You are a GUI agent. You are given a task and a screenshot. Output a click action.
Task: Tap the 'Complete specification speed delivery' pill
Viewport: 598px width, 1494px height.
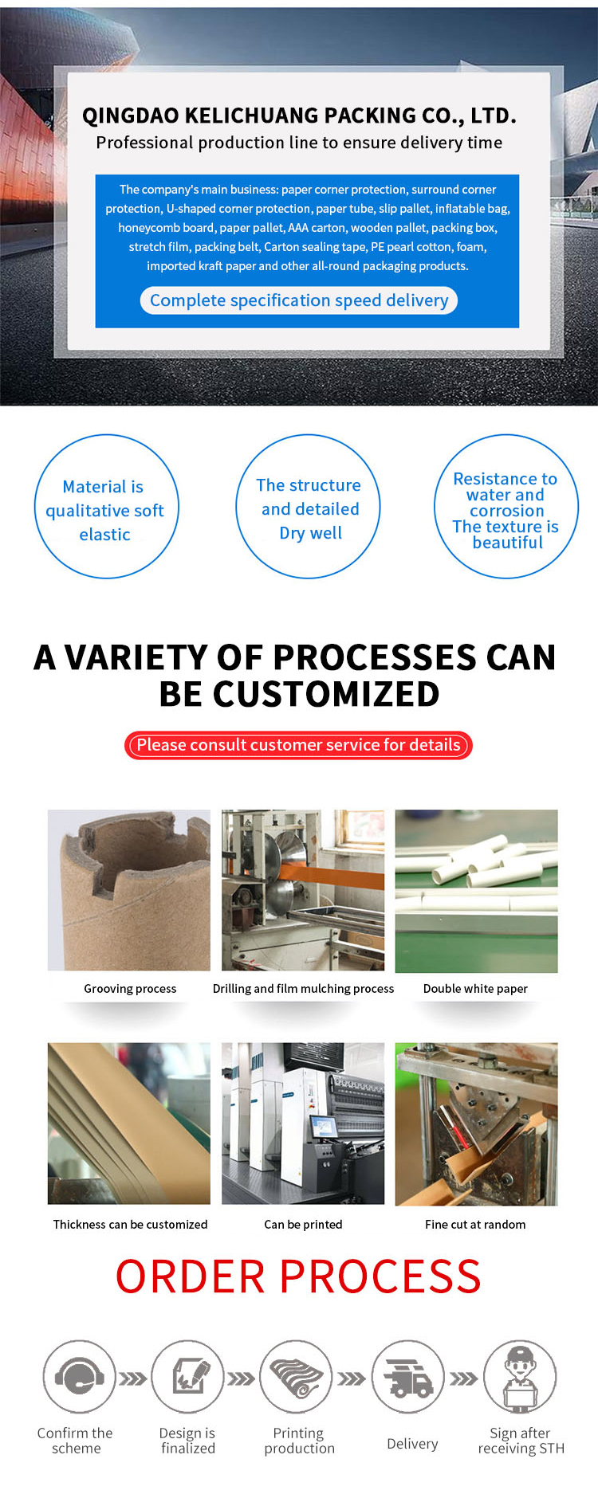point(299,300)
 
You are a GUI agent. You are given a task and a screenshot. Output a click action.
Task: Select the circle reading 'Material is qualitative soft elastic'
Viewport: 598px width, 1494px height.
point(106,507)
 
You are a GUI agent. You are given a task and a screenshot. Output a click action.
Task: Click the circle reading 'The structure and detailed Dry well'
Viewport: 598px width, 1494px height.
point(308,507)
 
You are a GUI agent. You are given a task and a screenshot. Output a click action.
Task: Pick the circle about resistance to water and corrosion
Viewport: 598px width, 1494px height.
point(506,507)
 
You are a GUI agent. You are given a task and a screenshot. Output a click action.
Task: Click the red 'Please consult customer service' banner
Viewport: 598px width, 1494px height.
point(298,745)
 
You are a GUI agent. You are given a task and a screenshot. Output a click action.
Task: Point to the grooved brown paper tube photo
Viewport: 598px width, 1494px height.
point(129,891)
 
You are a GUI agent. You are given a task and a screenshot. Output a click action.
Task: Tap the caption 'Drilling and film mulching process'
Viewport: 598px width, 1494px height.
point(303,989)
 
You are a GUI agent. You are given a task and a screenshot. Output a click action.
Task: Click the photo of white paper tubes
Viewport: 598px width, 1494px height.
point(477,891)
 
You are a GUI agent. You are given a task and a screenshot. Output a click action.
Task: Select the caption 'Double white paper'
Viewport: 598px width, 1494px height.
point(475,989)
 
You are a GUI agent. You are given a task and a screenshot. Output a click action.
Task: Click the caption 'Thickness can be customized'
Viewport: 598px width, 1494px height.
point(130,1225)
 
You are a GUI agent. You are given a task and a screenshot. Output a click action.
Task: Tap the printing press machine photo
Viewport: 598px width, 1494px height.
point(303,1123)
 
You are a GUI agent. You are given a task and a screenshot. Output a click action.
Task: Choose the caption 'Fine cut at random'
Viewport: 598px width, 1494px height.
point(475,1225)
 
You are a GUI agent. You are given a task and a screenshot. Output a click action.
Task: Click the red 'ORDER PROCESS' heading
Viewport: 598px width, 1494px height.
point(298,1276)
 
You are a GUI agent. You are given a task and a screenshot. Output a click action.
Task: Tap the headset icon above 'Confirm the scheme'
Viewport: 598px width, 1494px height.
point(79,1376)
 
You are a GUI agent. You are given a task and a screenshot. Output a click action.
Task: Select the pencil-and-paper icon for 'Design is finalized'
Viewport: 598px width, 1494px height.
point(187,1376)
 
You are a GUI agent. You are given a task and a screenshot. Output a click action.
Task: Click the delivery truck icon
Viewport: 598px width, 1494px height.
point(408,1376)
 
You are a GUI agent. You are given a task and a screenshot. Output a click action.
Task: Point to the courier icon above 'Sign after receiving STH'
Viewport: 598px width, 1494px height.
point(520,1376)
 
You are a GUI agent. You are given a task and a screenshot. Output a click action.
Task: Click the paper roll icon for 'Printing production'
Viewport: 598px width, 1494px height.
point(297,1376)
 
